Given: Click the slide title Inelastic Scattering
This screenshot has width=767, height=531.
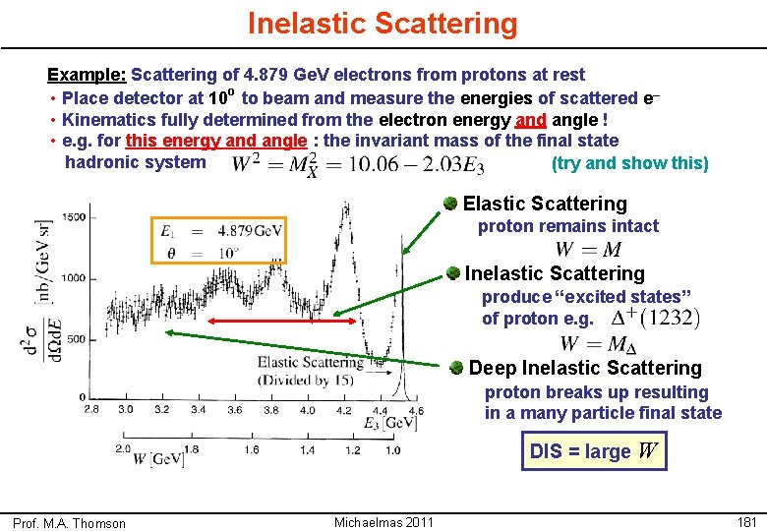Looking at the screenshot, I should point(382,23).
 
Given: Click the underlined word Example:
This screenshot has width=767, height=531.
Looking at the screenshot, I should point(87,75).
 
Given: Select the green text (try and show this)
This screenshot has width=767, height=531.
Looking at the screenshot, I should point(629,163).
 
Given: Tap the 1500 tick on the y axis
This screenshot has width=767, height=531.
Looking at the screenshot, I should point(73,217).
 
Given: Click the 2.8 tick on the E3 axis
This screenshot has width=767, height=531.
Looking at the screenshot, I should point(92,409).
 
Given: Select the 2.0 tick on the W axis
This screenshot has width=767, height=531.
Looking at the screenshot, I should point(124,448).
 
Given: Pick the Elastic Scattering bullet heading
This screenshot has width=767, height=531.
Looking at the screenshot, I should point(544,204).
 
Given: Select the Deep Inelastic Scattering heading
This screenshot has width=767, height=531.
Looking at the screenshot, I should point(584,368).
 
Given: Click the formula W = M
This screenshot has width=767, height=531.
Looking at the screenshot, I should point(587,250).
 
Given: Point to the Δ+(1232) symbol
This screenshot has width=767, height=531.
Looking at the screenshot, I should point(655,318).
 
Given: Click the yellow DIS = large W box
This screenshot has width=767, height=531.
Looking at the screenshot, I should point(593,451).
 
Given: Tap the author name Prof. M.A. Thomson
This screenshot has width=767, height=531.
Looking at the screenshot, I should point(69,523).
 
